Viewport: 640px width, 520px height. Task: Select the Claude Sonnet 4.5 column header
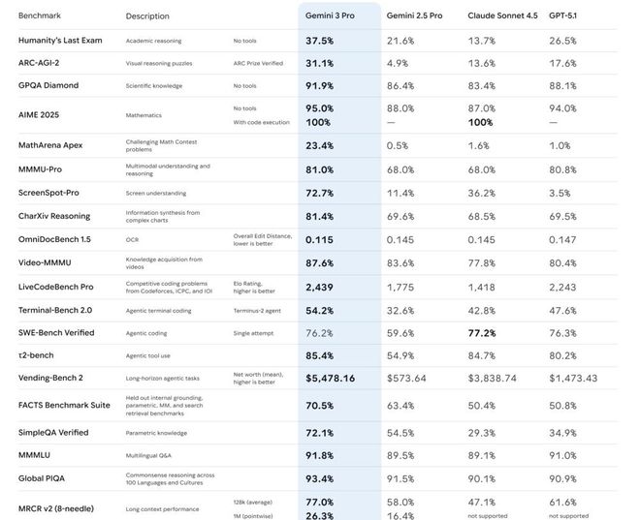502,15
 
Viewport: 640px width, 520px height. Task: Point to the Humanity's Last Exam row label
60,41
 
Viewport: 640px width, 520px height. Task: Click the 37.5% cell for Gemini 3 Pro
320,41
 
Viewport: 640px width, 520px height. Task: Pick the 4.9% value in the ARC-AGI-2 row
399,63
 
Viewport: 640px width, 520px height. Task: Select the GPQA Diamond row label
48,85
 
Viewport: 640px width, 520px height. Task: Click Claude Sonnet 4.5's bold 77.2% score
482,333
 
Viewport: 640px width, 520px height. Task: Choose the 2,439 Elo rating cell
319,287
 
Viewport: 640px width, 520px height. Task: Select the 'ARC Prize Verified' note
258,63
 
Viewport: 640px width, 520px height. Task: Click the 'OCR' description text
132,238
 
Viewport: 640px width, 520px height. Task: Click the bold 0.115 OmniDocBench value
319,238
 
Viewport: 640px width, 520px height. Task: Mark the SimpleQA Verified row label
54,433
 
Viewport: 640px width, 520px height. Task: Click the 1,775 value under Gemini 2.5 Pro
401,287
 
